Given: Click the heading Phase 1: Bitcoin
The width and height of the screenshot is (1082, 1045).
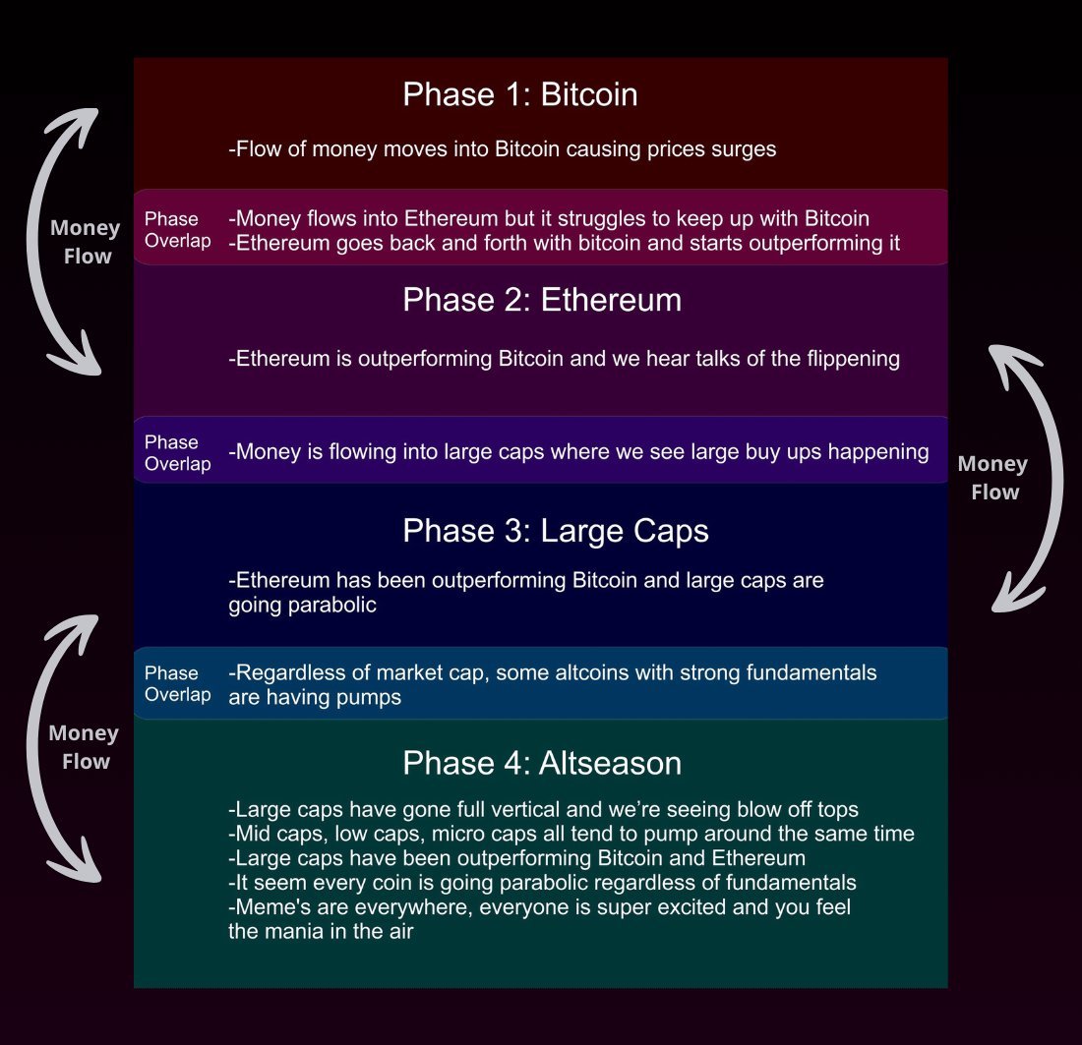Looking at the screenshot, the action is (x=519, y=94).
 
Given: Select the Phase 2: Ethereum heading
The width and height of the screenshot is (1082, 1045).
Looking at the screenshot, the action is (x=542, y=300).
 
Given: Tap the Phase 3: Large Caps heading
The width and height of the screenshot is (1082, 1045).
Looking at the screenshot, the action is (x=556, y=531).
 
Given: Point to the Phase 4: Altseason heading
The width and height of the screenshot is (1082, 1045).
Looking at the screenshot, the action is (x=542, y=763).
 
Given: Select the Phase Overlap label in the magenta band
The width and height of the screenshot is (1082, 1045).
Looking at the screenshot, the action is (x=177, y=230).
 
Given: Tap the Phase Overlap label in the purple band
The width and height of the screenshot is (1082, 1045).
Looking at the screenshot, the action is (x=177, y=453).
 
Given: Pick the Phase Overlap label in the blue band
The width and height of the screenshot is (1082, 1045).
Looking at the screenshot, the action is (x=177, y=683).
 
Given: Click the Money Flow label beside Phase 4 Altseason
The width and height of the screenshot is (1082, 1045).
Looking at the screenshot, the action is (x=85, y=746).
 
